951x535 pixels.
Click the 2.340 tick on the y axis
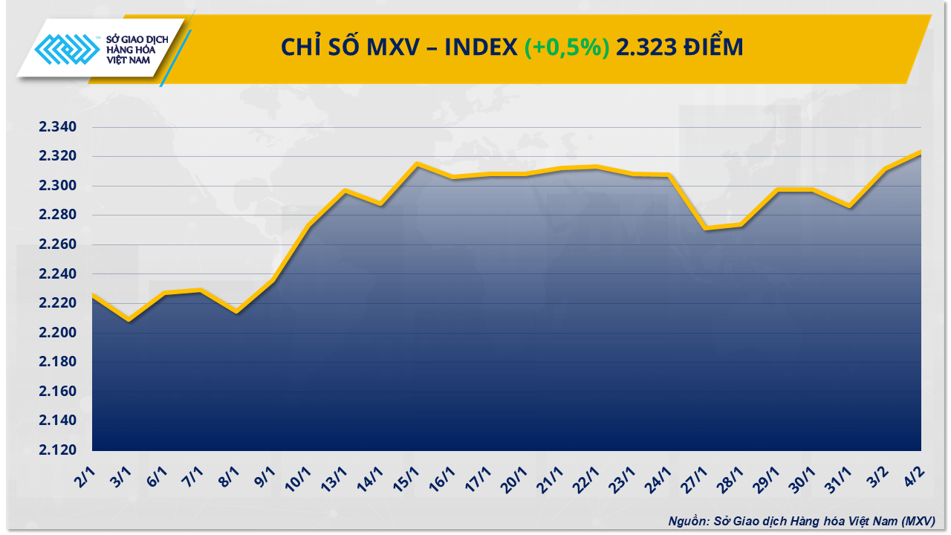(x=57, y=127)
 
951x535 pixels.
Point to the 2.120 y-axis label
(x=57, y=450)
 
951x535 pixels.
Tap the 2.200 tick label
(x=57, y=333)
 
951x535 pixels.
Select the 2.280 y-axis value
(x=57, y=215)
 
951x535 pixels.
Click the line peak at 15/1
(x=417, y=163)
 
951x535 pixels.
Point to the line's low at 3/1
(x=129, y=320)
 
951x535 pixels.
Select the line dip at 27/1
(x=705, y=228)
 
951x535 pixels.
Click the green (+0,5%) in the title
(x=567, y=48)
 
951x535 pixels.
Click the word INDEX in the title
(x=481, y=48)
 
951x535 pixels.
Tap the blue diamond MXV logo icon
(x=68, y=52)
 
